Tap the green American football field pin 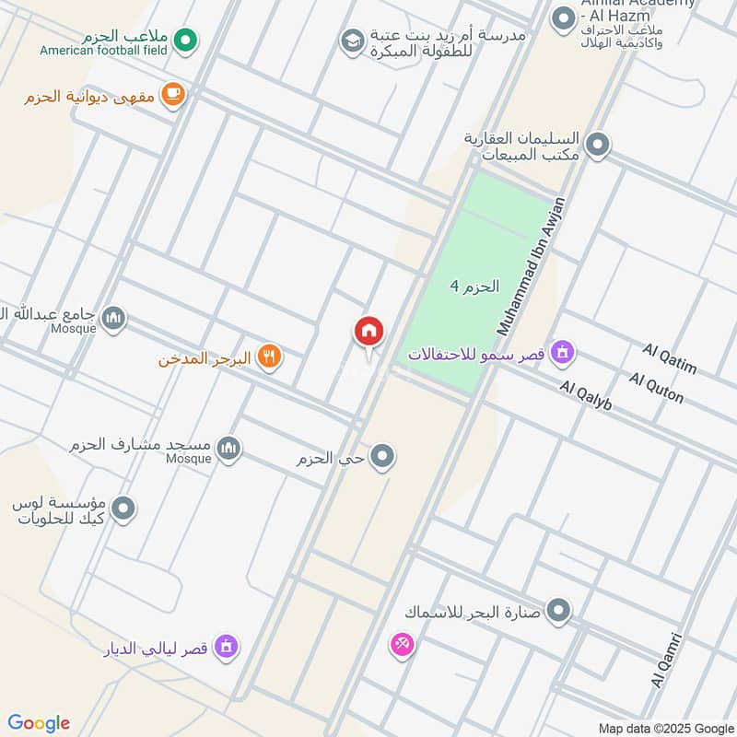tap(186, 40)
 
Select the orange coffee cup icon tap(172, 93)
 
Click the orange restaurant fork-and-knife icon tap(268, 357)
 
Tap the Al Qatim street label tap(670, 359)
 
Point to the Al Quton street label tap(657, 388)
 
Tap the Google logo tap(39, 723)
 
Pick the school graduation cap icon tap(351, 41)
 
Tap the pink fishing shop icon tap(402, 645)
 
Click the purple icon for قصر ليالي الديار tap(226, 647)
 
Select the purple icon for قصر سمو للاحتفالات tap(562, 351)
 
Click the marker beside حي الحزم tap(382, 456)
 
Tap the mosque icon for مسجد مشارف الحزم tap(228, 449)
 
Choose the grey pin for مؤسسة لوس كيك tap(123, 508)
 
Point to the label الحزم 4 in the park tap(474, 287)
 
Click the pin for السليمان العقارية tap(598, 145)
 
